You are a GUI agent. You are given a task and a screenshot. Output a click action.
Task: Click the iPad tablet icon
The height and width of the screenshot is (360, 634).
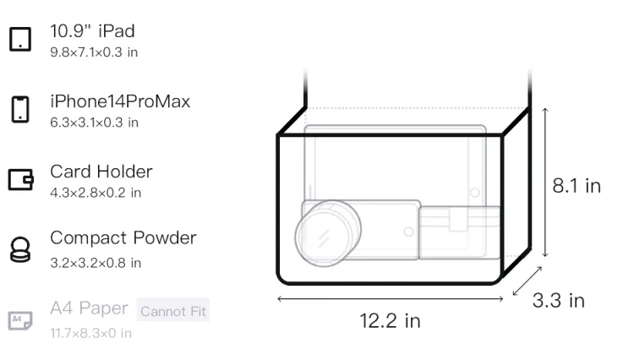pyautogui.click(x=20, y=39)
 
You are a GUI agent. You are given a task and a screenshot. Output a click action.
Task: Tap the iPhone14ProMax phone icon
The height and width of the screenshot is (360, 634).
pyautogui.click(x=20, y=109)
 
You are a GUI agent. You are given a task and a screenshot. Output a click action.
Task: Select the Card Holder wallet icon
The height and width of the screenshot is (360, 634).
pyautogui.click(x=20, y=179)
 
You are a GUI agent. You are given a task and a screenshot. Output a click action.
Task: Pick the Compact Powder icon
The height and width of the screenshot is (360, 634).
pyautogui.click(x=20, y=249)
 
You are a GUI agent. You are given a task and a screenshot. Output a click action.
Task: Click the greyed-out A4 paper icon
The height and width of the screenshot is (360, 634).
pyautogui.click(x=20, y=320)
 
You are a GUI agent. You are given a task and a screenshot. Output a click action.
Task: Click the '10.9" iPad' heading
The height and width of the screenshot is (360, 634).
pyautogui.click(x=93, y=31)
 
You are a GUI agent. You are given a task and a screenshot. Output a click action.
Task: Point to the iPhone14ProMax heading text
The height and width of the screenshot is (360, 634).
pyautogui.click(x=120, y=101)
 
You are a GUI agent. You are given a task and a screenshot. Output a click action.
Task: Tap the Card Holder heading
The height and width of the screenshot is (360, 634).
pyautogui.click(x=101, y=172)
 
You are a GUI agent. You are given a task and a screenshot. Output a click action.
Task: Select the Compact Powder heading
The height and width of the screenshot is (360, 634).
pyautogui.click(x=123, y=238)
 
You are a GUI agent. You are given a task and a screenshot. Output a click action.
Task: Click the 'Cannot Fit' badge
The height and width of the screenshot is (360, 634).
pyautogui.click(x=173, y=311)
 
